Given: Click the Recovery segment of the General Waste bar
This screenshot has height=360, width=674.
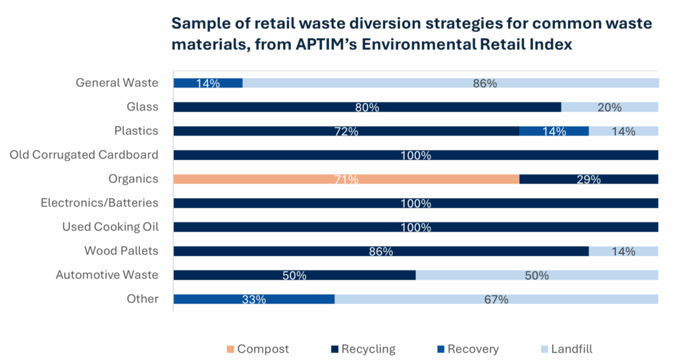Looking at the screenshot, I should pos(208,83).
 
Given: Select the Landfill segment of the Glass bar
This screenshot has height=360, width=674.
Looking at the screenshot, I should pos(609,107).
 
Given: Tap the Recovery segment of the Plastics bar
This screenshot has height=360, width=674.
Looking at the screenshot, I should pos(554,131).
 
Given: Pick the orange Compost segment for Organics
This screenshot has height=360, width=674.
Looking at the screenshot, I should pos(346,179).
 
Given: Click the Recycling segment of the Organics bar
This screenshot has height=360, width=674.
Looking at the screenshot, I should pos(588,179).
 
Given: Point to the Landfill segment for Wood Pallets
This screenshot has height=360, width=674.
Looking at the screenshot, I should pos(623,251).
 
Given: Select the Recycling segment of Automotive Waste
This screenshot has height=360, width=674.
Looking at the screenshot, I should pos(294,275).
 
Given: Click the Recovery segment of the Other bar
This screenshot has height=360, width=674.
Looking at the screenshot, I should pos(253,299).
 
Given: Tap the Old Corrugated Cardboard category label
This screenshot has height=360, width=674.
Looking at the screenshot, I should pos(84,155).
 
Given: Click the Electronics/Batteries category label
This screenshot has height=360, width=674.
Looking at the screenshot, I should pos(99,203).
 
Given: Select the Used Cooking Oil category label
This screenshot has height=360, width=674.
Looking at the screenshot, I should pos(110,227).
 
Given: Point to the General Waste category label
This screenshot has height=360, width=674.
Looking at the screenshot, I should pos(117,83).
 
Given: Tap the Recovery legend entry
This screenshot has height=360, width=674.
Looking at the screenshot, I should pos(473,349).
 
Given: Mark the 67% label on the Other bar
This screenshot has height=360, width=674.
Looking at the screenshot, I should pos(496,299).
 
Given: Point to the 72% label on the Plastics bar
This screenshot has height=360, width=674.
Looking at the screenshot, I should pos(346,132).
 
